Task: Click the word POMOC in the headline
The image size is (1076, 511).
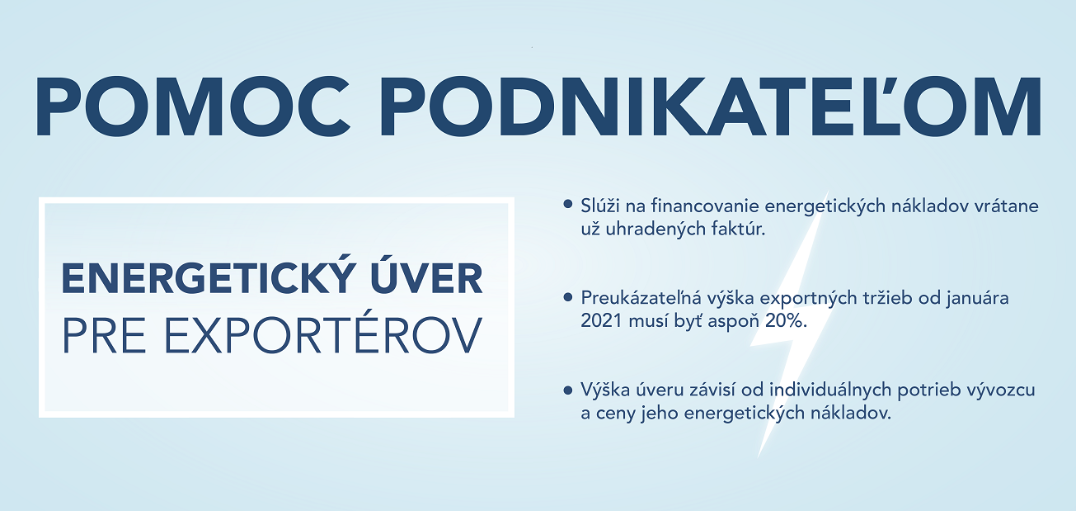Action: [x=193, y=106]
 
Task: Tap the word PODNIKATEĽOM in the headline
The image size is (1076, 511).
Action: [x=712, y=106]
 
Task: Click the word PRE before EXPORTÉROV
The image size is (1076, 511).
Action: [x=104, y=335]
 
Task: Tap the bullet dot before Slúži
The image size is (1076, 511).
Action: [x=568, y=205]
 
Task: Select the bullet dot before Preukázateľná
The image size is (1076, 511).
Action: [x=568, y=297]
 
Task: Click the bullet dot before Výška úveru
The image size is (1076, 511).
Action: [x=568, y=390]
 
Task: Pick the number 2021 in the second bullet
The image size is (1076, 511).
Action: [x=602, y=321]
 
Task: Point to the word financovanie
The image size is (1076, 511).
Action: [x=705, y=206]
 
